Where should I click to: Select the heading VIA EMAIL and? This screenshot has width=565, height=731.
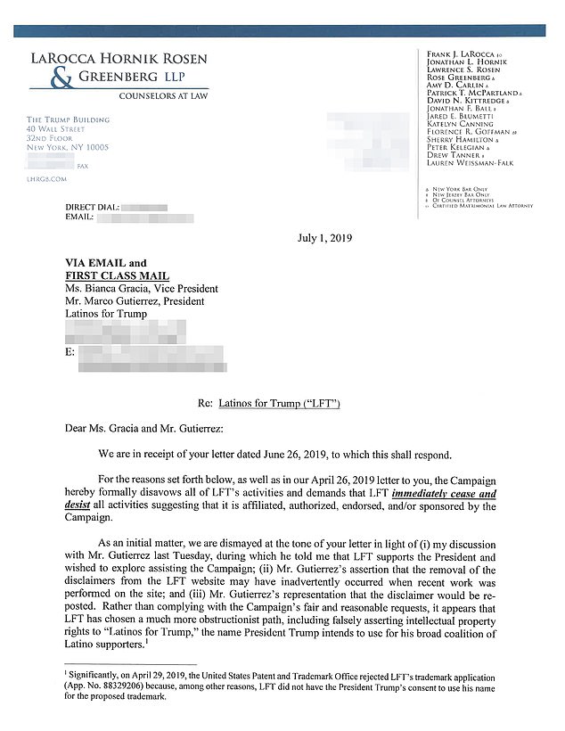[x=106, y=264]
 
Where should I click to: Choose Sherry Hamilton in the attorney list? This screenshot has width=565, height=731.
[x=458, y=140]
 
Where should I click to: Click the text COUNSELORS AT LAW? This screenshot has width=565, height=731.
[x=163, y=94]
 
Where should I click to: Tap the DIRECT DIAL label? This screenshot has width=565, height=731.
[x=91, y=207]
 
